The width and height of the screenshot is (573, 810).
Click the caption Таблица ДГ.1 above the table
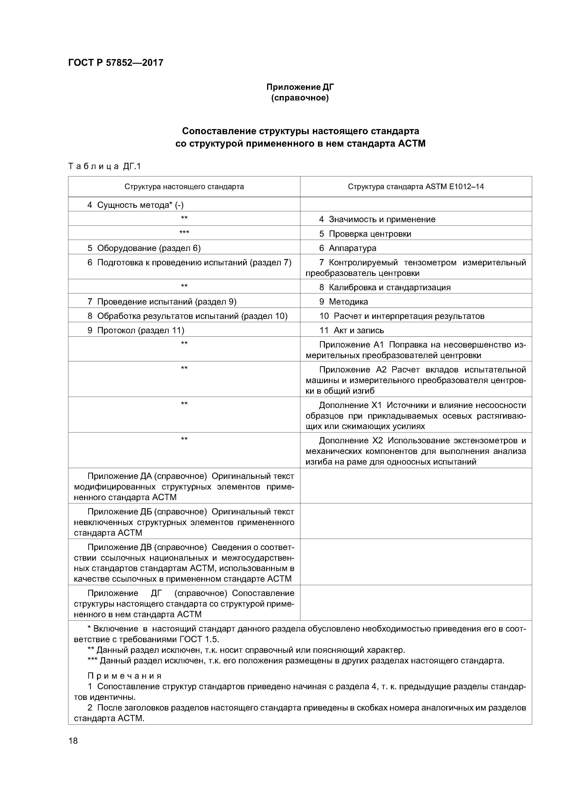coord(104,166)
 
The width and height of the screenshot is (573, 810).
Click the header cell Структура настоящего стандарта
coord(184,187)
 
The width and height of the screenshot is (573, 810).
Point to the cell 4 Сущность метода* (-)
coord(136,205)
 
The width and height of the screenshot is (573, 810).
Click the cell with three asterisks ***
coord(184,233)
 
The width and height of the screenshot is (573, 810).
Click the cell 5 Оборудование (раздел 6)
coord(144,248)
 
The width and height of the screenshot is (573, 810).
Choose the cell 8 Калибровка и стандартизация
coord(385,287)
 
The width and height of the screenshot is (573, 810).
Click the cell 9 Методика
coord(344,302)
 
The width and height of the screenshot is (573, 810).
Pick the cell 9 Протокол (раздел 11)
coord(136,330)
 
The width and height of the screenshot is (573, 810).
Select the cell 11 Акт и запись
coord(352,330)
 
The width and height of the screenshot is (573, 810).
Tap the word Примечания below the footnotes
coord(125,676)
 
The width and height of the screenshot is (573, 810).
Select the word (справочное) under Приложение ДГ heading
coord(300,98)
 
